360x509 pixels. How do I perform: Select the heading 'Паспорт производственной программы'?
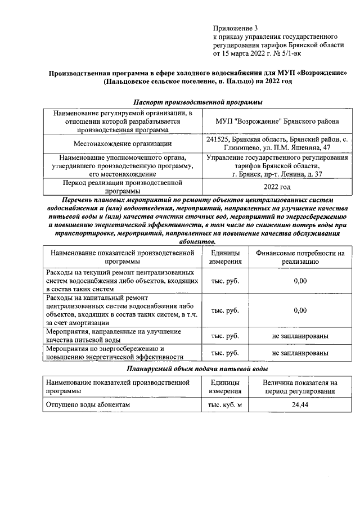pos(198,102)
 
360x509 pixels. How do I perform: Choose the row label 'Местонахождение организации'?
pos(123,143)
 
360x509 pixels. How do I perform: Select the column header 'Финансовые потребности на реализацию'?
pos(300,257)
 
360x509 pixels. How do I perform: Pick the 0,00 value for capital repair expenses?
pos(300,310)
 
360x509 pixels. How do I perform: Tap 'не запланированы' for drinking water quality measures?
pos(300,336)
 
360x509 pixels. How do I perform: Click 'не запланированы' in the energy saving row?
pos(300,353)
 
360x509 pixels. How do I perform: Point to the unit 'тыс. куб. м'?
pos(225,405)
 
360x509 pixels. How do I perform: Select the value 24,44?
pos(300,405)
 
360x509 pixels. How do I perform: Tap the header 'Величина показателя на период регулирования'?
pos(300,386)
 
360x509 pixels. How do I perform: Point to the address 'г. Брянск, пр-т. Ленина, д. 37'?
pos(277,174)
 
